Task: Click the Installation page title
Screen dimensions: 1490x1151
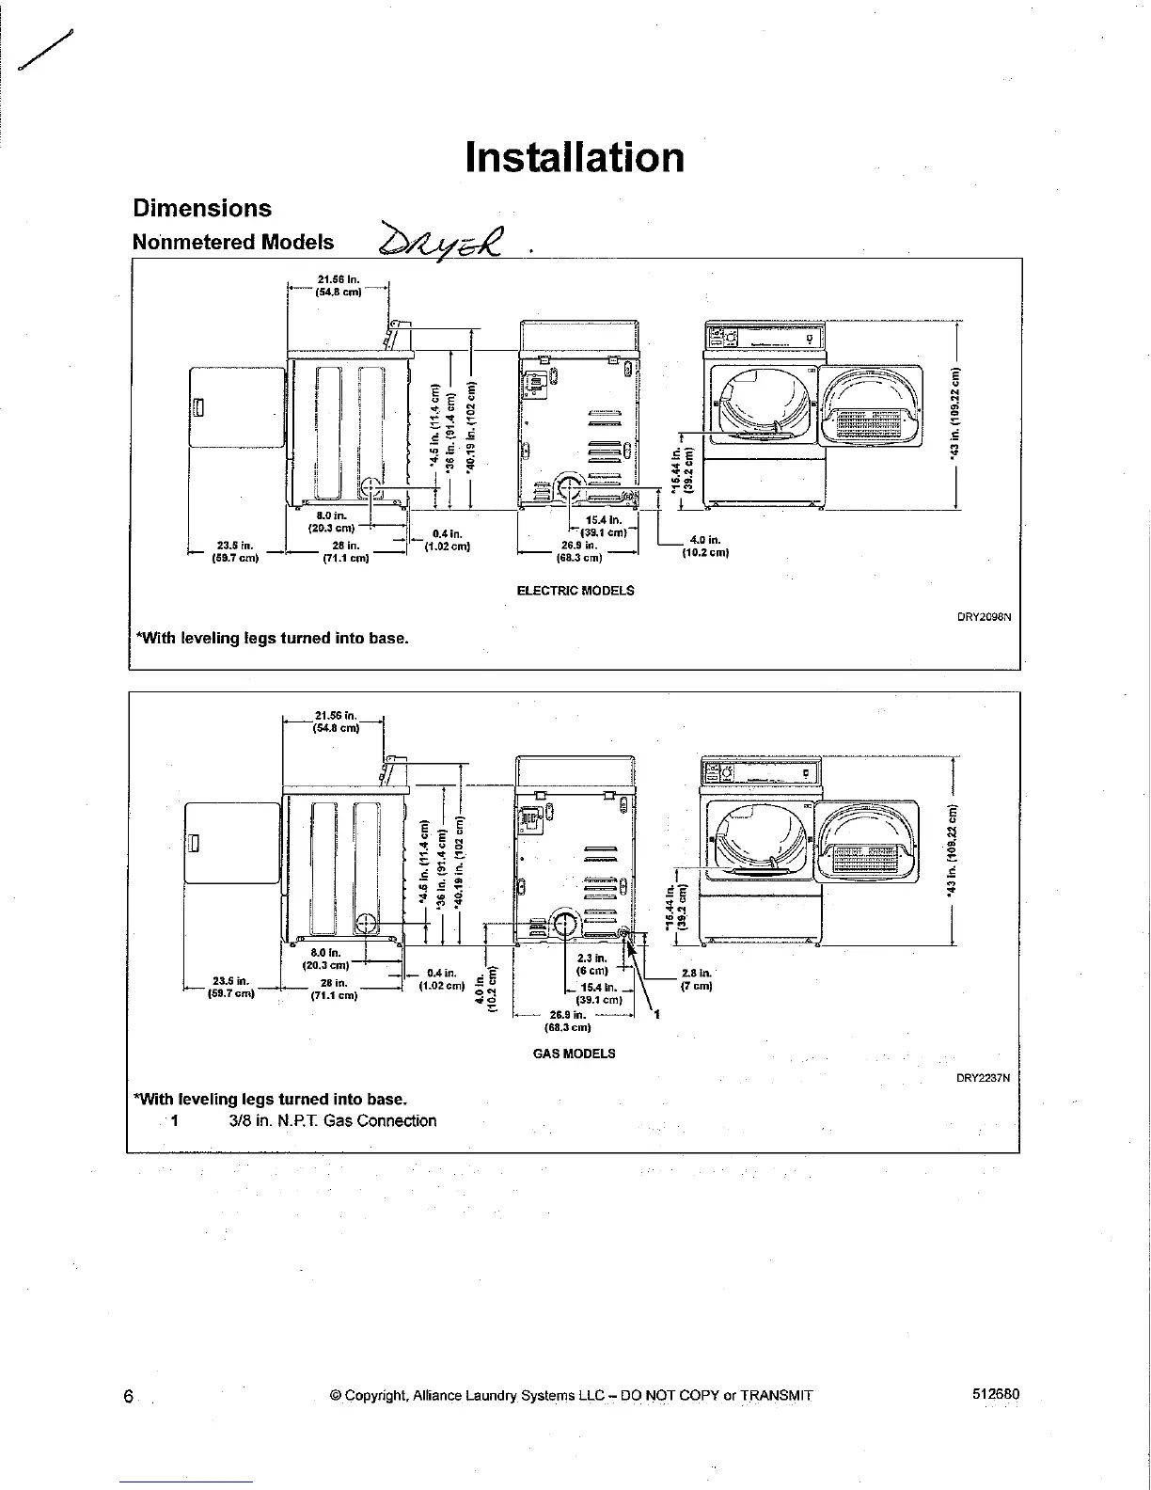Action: pos(575,157)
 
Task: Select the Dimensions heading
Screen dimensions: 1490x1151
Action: pos(202,208)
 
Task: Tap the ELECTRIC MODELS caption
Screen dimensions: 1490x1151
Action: pos(575,591)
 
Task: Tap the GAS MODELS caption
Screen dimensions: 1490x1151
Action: pos(574,1054)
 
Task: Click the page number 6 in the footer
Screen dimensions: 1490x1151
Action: pos(128,1396)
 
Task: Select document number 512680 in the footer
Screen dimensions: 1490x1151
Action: pos(995,1394)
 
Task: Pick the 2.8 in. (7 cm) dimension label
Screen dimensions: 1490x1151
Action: pos(697,979)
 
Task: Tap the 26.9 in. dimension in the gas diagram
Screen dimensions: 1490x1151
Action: pos(567,1021)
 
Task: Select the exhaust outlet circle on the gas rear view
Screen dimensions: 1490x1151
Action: pos(565,924)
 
